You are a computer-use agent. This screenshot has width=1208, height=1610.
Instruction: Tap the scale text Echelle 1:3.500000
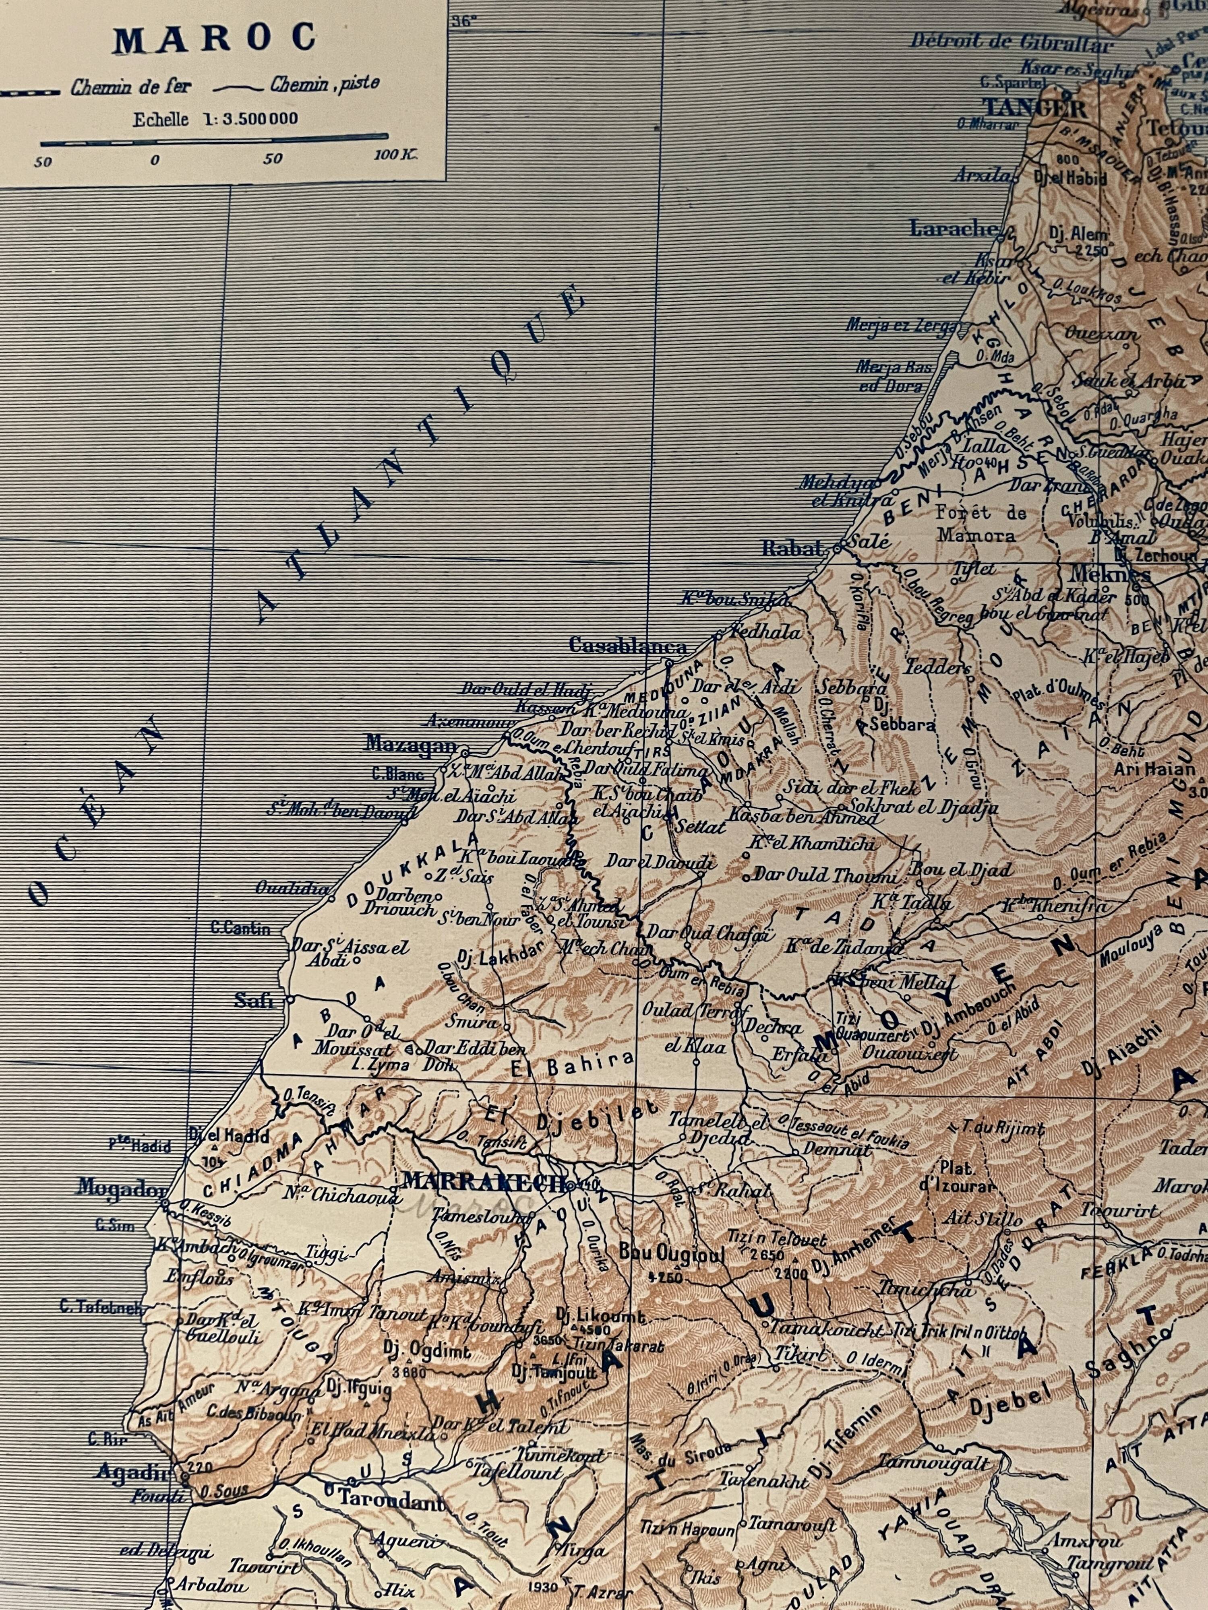point(215,119)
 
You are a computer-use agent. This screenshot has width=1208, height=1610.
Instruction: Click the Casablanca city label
point(628,646)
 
